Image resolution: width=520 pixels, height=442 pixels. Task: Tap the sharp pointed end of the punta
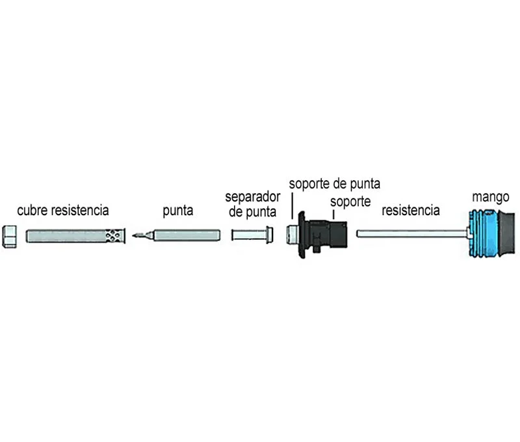(x=135, y=235)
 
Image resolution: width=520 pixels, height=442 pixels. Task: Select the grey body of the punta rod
(x=188, y=234)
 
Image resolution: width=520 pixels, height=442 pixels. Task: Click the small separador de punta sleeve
(x=247, y=234)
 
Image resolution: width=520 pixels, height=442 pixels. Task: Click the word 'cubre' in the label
(x=33, y=211)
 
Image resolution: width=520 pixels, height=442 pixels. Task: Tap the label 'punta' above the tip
(x=177, y=211)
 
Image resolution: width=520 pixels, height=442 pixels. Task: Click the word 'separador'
(x=252, y=197)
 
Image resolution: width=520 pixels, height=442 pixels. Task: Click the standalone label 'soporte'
(x=350, y=201)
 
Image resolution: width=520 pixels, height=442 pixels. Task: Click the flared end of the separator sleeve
(x=267, y=234)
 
